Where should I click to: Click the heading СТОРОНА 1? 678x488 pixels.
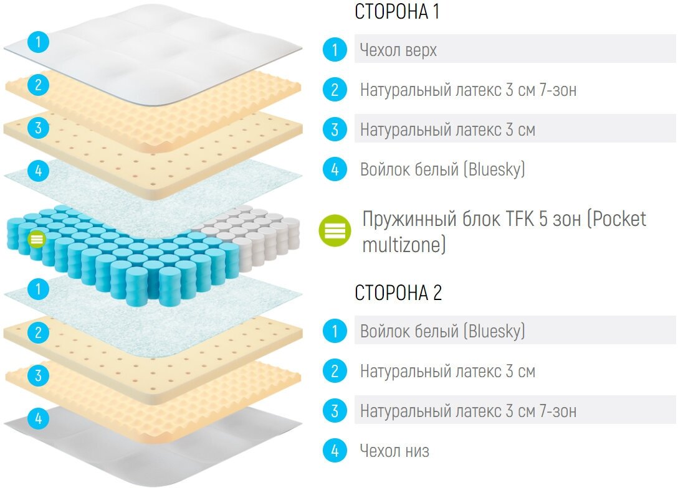[x=397, y=12]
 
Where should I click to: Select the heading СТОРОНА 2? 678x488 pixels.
[x=398, y=293]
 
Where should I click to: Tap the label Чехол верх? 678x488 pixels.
[x=398, y=50]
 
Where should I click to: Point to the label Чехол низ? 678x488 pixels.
[x=394, y=451]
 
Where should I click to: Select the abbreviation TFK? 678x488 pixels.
[x=486, y=219]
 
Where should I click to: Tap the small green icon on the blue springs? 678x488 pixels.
[x=37, y=238]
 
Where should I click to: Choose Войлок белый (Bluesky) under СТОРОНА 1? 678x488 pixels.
[x=442, y=169]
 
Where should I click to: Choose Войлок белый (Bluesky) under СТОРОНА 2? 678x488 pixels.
[x=442, y=331]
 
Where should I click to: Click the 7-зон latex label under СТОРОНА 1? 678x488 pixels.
[x=468, y=90]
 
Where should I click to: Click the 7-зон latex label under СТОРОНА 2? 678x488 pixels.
[x=468, y=411]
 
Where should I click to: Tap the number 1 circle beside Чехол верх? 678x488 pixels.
[x=335, y=50]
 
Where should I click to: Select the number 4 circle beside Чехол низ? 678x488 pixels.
[x=335, y=451]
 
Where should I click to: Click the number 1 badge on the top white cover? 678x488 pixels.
[x=39, y=43]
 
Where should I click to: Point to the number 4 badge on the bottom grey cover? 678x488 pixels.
[x=38, y=419]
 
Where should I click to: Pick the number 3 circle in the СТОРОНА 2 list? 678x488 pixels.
[x=335, y=411]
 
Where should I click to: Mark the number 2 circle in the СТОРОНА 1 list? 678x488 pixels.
[x=335, y=90]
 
